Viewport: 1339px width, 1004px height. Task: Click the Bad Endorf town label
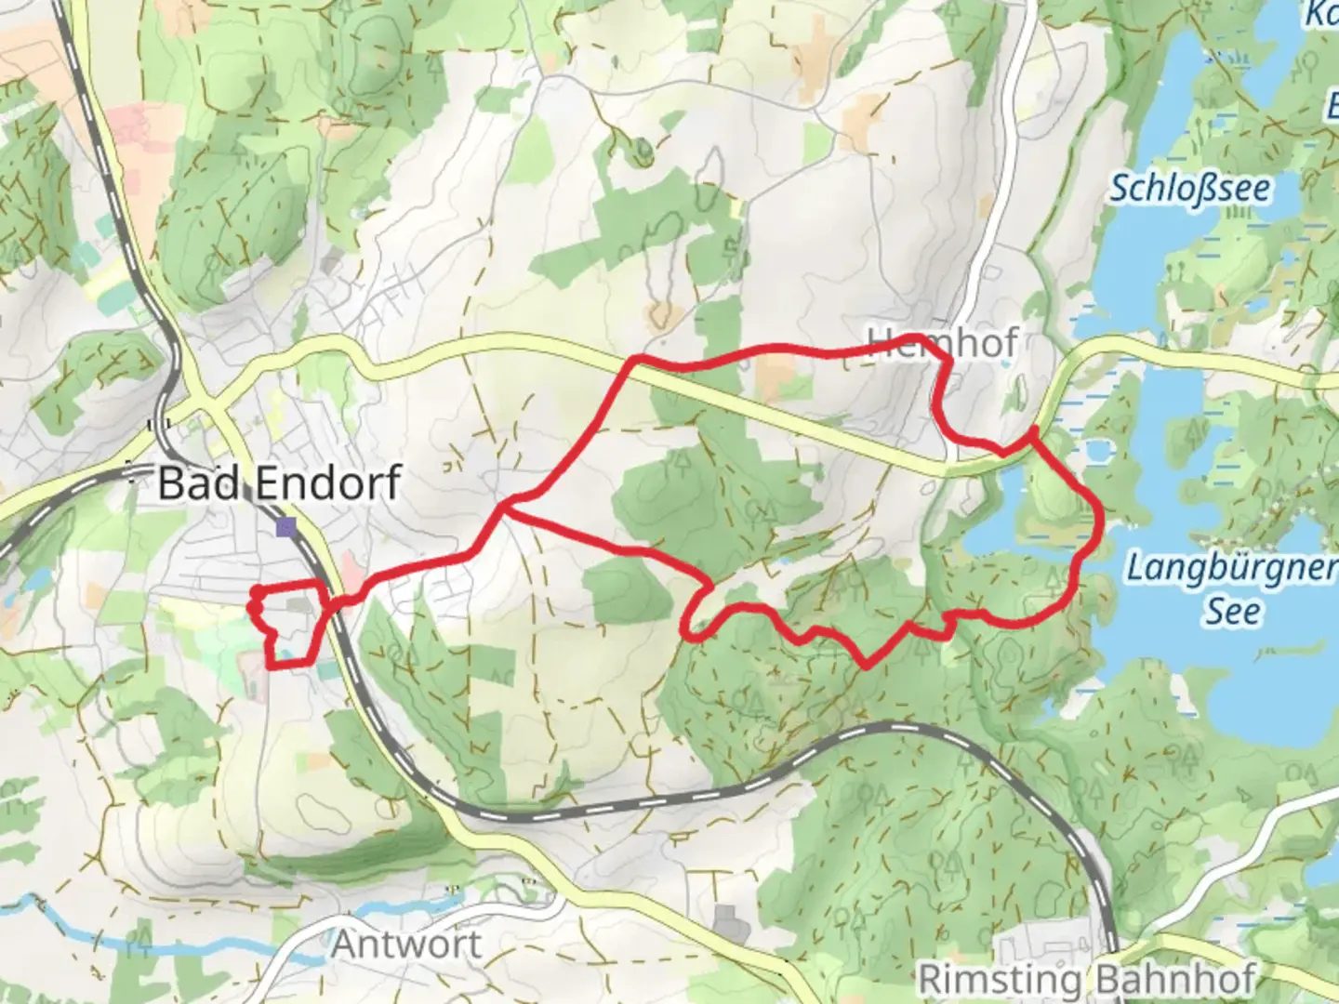click(279, 483)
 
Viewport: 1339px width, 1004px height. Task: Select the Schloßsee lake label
click(1190, 189)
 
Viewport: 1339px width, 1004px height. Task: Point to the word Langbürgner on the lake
click(1231, 566)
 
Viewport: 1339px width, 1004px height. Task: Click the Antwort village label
click(407, 945)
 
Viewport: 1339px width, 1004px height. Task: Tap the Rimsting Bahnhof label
click(1087, 979)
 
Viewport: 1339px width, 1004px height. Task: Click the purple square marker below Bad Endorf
click(285, 528)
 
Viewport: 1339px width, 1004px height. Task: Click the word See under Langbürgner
click(1233, 612)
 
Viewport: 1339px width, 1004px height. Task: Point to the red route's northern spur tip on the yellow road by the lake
click(1033, 430)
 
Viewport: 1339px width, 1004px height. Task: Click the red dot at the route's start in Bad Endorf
click(255, 590)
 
